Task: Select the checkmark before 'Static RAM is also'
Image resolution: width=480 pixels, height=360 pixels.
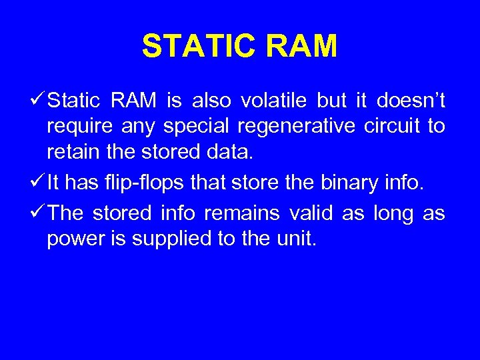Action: [x=38, y=101]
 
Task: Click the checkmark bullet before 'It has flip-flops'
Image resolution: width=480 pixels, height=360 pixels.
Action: [x=38, y=179]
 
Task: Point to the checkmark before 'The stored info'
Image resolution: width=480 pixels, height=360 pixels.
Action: [x=38, y=213]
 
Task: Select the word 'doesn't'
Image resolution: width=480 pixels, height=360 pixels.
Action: [x=411, y=101]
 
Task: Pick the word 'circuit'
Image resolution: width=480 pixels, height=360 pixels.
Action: [x=388, y=127]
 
